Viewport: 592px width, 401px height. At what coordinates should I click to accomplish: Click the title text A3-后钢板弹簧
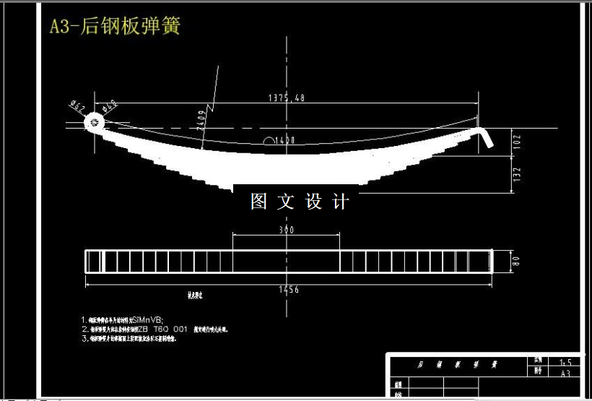115,27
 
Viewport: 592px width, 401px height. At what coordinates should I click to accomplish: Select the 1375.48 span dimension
286,98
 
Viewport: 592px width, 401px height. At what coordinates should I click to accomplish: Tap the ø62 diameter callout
77,107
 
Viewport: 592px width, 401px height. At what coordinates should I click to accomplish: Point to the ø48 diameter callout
110,107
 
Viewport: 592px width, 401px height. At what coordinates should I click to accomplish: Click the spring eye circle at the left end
94,124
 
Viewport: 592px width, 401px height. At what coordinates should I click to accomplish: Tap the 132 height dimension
515,174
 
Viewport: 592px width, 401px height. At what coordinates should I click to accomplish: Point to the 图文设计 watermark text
300,202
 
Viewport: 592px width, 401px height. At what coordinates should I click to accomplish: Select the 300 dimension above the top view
287,230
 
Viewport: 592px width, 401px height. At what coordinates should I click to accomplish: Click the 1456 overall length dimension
287,290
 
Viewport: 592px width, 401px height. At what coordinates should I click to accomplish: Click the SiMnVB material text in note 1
148,319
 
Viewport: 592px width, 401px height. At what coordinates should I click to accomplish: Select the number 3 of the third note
84,337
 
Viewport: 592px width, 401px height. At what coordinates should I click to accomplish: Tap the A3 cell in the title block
565,374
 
